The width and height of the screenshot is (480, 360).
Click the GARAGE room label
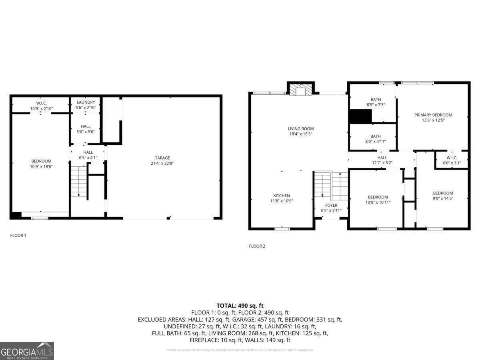[x=162, y=158]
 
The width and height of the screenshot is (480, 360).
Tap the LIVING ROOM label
[x=300, y=129]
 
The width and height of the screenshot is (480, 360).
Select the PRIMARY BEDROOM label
[x=433, y=115]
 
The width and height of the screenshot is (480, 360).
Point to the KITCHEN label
[x=282, y=196]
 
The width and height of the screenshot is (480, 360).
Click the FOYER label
[x=331, y=205]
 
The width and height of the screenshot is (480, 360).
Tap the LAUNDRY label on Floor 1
[x=86, y=102]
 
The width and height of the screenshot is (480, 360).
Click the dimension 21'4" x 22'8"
[x=162, y=163]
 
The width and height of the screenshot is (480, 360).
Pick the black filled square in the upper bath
[x=360, y=116]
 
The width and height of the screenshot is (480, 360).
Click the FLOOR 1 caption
[x=18, y=236]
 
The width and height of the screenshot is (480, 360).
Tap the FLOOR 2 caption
[x=257, y=246]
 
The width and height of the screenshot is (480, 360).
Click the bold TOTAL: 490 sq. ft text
[x=240, y=306]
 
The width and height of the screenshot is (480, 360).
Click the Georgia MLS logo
[x=27, y=351]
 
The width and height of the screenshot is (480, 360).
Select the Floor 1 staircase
[x=79, y=181]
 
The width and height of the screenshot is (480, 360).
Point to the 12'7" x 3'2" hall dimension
[x=382, y=163]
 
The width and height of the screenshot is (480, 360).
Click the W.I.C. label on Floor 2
[x=452, y=158]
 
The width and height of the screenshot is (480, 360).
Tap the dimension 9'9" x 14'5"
[x=443, y=198]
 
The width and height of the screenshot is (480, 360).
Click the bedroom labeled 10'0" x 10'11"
[x=378, y=200]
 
